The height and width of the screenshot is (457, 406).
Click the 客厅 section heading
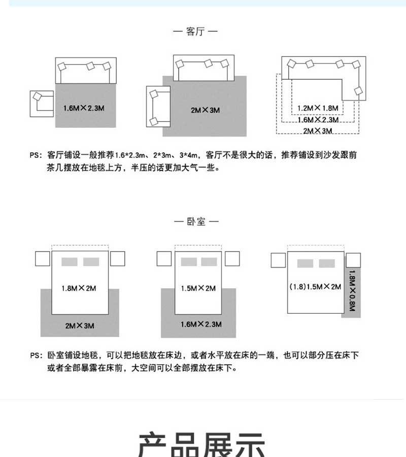(x=195, y=31)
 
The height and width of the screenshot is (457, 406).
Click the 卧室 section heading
(x=196, y=221)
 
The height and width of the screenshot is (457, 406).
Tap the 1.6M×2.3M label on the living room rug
(x=84, y=108)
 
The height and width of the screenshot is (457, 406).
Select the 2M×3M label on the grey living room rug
(x=206, y=110)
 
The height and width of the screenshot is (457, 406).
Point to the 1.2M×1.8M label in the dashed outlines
(x=318, y=108)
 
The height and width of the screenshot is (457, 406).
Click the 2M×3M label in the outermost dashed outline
(x=318, y=131)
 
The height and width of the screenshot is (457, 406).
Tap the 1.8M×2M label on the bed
(x=79, y=288)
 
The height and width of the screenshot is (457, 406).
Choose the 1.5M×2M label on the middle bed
(x=198, y=288)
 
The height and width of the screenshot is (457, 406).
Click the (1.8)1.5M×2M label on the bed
(x=315, y=287)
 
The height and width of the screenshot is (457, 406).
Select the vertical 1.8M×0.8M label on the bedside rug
(x=352, y=290)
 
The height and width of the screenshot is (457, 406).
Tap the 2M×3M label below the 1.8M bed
(x=80, y=325)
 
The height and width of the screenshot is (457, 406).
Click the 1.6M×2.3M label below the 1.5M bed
(x=201, y=324)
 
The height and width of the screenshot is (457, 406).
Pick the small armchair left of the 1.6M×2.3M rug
(x=42, y=104)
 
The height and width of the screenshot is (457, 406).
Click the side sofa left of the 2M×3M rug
(x=158, y=107)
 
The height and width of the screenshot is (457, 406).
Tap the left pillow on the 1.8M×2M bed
(x=70, y=262)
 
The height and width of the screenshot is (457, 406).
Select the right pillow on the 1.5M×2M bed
(x=209, y=262)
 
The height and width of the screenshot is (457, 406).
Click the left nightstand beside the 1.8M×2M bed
(x=43, y=258)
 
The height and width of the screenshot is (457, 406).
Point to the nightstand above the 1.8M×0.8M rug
(x=353, y=260)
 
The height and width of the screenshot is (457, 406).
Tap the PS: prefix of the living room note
(x=36, y=155)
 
